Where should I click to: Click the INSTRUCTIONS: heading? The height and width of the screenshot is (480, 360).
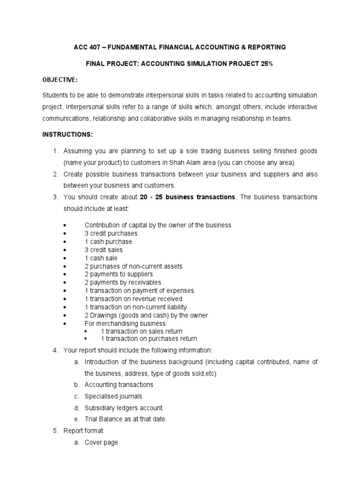67,135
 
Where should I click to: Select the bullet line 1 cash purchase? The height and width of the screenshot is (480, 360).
108,241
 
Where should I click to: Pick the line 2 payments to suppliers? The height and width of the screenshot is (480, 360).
119,274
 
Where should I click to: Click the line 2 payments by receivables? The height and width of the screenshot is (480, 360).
122,282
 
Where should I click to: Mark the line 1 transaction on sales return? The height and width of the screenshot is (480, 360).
142,331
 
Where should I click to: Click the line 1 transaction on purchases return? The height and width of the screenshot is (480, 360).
149,338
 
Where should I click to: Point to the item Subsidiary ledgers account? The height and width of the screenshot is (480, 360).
123,408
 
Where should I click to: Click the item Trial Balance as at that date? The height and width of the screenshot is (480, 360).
126,419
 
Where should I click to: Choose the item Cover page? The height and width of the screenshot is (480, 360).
101,442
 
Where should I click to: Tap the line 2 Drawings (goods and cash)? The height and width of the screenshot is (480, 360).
146,315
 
